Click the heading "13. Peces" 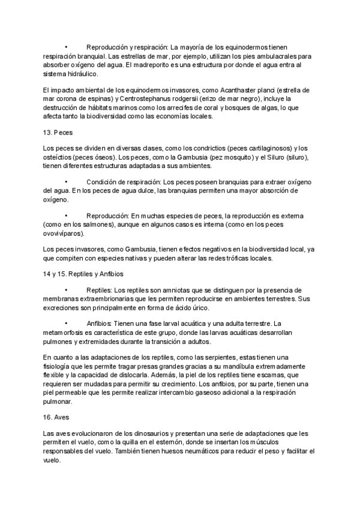click(58, 131)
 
